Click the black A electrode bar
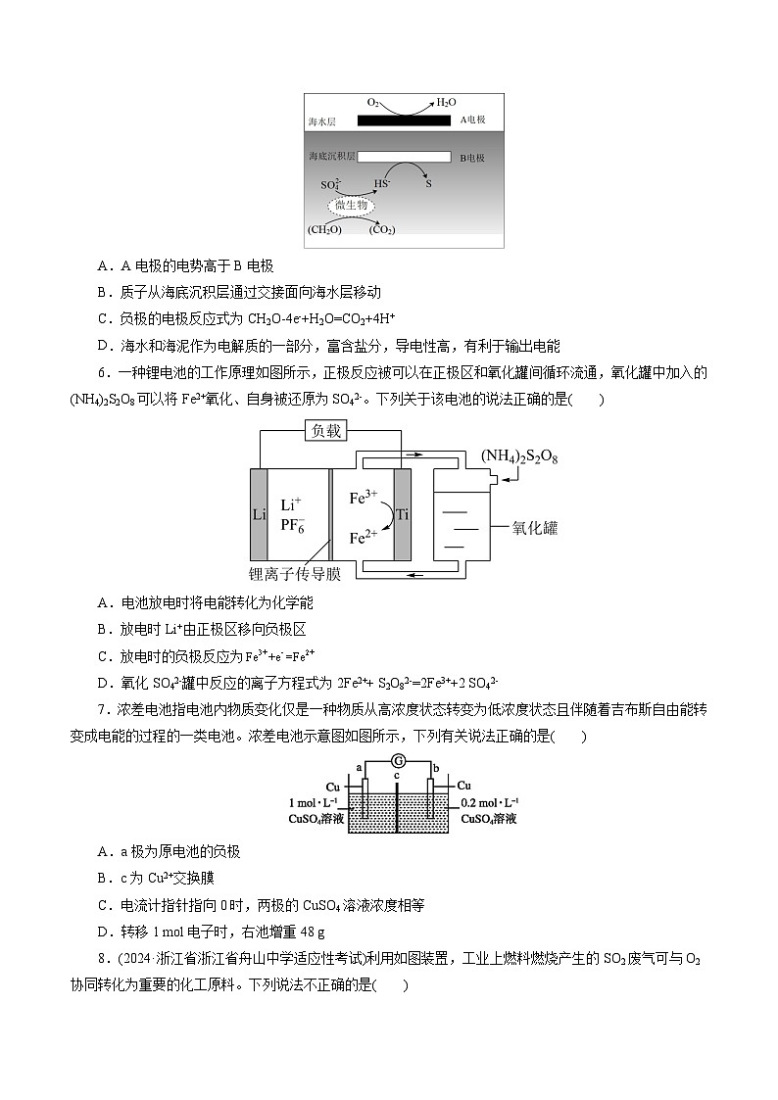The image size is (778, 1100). (x=404, y=120)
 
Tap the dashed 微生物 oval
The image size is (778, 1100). (x=351, y=206)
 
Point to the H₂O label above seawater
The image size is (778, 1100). (x=446, y=102)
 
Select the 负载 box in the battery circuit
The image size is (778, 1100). (x=326, y=432)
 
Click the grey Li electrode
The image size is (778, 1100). (x=259, y=515)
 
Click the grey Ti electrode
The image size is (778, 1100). (x=402, y=515)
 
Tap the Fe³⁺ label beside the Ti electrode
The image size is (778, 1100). (x=365, y=498)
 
